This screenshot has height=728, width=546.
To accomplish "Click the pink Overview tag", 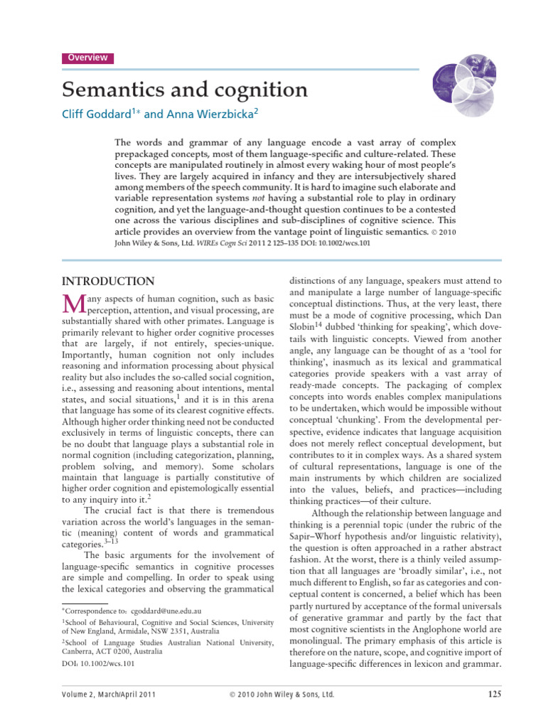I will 87,58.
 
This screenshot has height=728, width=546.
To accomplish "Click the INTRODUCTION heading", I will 108,282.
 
